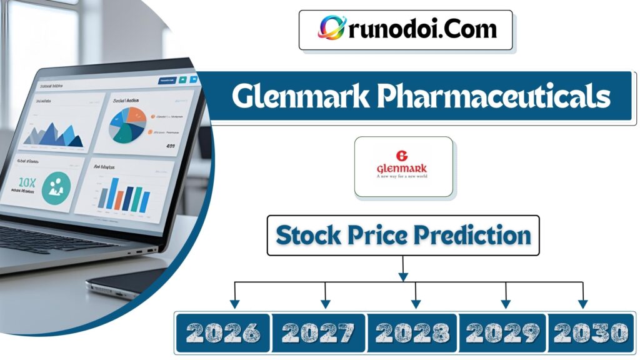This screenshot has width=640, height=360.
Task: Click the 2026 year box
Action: tap(222, 332)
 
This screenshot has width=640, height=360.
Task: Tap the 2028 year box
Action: tap(412, 332)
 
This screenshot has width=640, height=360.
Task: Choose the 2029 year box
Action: tap(503, 332)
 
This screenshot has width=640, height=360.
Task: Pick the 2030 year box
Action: tap(590, 332)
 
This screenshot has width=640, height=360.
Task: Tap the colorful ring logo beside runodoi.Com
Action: tap(331, 27)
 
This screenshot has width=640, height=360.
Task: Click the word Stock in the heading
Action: tap(308, 235)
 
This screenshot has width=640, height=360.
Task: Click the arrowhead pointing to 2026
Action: tap(235, 304)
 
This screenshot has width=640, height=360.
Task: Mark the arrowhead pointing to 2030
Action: tap(582, 304)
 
